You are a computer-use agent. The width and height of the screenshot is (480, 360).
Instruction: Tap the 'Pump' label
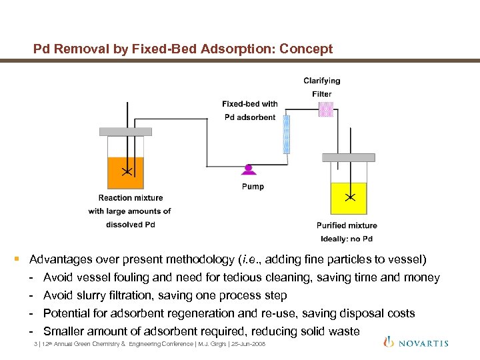(253, 187)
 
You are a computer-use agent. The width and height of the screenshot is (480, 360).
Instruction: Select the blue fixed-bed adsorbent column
(287, 135)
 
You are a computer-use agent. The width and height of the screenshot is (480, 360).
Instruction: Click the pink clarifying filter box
(325, 109)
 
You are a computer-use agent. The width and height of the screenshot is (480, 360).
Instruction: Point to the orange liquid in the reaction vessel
(125, 173)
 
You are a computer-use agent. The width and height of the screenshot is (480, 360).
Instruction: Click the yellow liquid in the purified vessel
(349, 198)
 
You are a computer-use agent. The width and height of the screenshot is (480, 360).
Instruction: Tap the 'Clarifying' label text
(321, 81)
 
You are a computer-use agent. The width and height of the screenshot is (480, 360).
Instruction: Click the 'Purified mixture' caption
(346, 225)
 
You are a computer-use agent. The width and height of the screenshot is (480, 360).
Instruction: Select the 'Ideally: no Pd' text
(346, 239)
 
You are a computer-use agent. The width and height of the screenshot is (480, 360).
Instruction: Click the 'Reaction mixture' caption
(131, 198)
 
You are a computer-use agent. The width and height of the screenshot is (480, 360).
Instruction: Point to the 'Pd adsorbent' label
(250, 117)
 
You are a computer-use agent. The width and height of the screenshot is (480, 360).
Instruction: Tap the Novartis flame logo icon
(389, 341)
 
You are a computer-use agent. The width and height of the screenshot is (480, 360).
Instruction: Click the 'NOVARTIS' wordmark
(424, 343)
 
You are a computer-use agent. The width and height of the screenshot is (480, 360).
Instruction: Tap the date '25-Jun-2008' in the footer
(247, 344)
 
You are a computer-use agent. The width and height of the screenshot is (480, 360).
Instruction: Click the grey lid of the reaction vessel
(125, 131)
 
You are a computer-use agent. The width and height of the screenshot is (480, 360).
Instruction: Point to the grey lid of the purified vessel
(348, 158)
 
